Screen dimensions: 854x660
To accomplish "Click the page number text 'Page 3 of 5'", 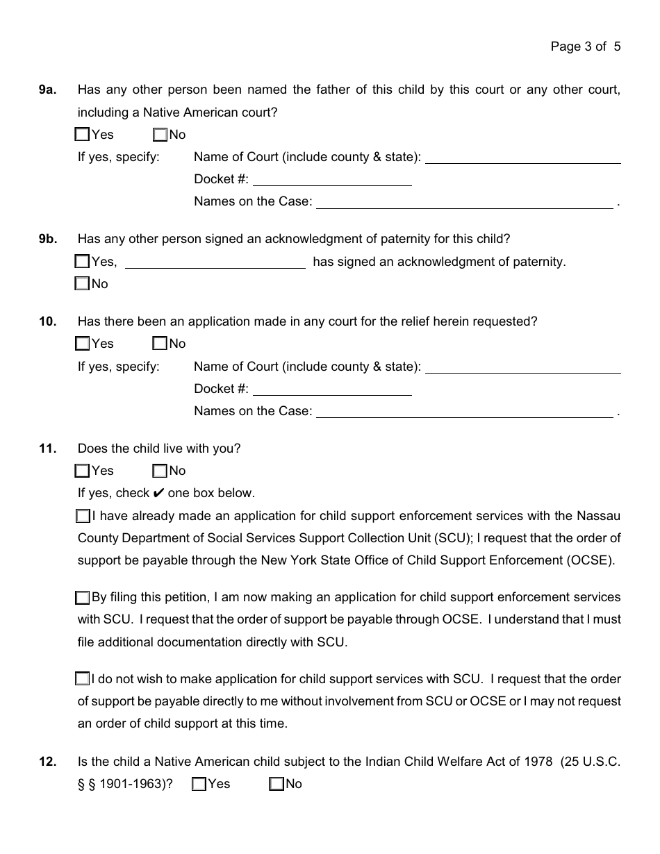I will [585, 47].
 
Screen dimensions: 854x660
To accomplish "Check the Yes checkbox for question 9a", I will [83, 135].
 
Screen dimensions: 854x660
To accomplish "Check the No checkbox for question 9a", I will [160, 135].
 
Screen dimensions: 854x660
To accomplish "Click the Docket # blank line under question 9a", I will [332, 181].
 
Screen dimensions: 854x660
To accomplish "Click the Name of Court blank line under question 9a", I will [522, 158].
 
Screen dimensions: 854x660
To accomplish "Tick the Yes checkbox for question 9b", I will [83, 262].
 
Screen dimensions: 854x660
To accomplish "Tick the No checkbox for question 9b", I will [83, 284].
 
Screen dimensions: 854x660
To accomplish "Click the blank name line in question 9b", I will [215, 263].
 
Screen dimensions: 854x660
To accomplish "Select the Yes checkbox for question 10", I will [83, 344].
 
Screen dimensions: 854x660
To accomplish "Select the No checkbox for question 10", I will [160, 344].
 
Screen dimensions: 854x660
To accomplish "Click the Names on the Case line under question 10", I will [464, 412].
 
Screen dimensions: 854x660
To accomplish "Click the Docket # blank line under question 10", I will [332, 390].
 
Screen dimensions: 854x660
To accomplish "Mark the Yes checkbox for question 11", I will [83, 471].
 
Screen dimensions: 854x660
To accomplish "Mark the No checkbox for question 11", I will [160, 471].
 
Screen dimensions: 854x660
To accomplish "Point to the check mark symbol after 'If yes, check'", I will [158, 493].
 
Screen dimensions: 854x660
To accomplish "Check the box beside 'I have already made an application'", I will [83, 516].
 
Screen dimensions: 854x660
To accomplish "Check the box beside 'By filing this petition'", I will [83, 597].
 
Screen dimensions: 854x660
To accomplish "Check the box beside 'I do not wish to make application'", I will [83, 679].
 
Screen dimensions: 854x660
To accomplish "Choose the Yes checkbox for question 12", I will [199, 784].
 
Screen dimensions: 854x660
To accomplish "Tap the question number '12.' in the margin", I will [47, 762].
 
